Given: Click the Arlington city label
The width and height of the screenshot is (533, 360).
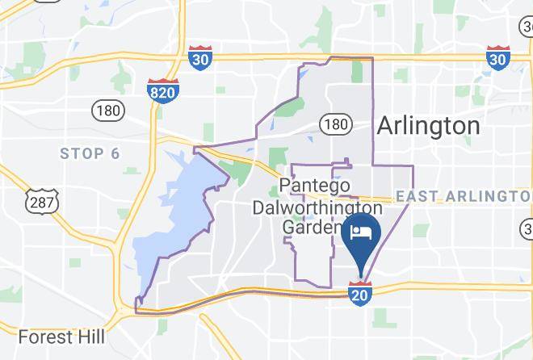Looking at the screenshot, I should pos(428,126).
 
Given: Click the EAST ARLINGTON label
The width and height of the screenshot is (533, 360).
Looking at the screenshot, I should pos(464,196).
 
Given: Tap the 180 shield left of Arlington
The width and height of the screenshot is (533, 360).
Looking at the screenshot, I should pos(334,124).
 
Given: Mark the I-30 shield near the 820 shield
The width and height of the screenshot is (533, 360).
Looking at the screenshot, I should pos(199,58).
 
